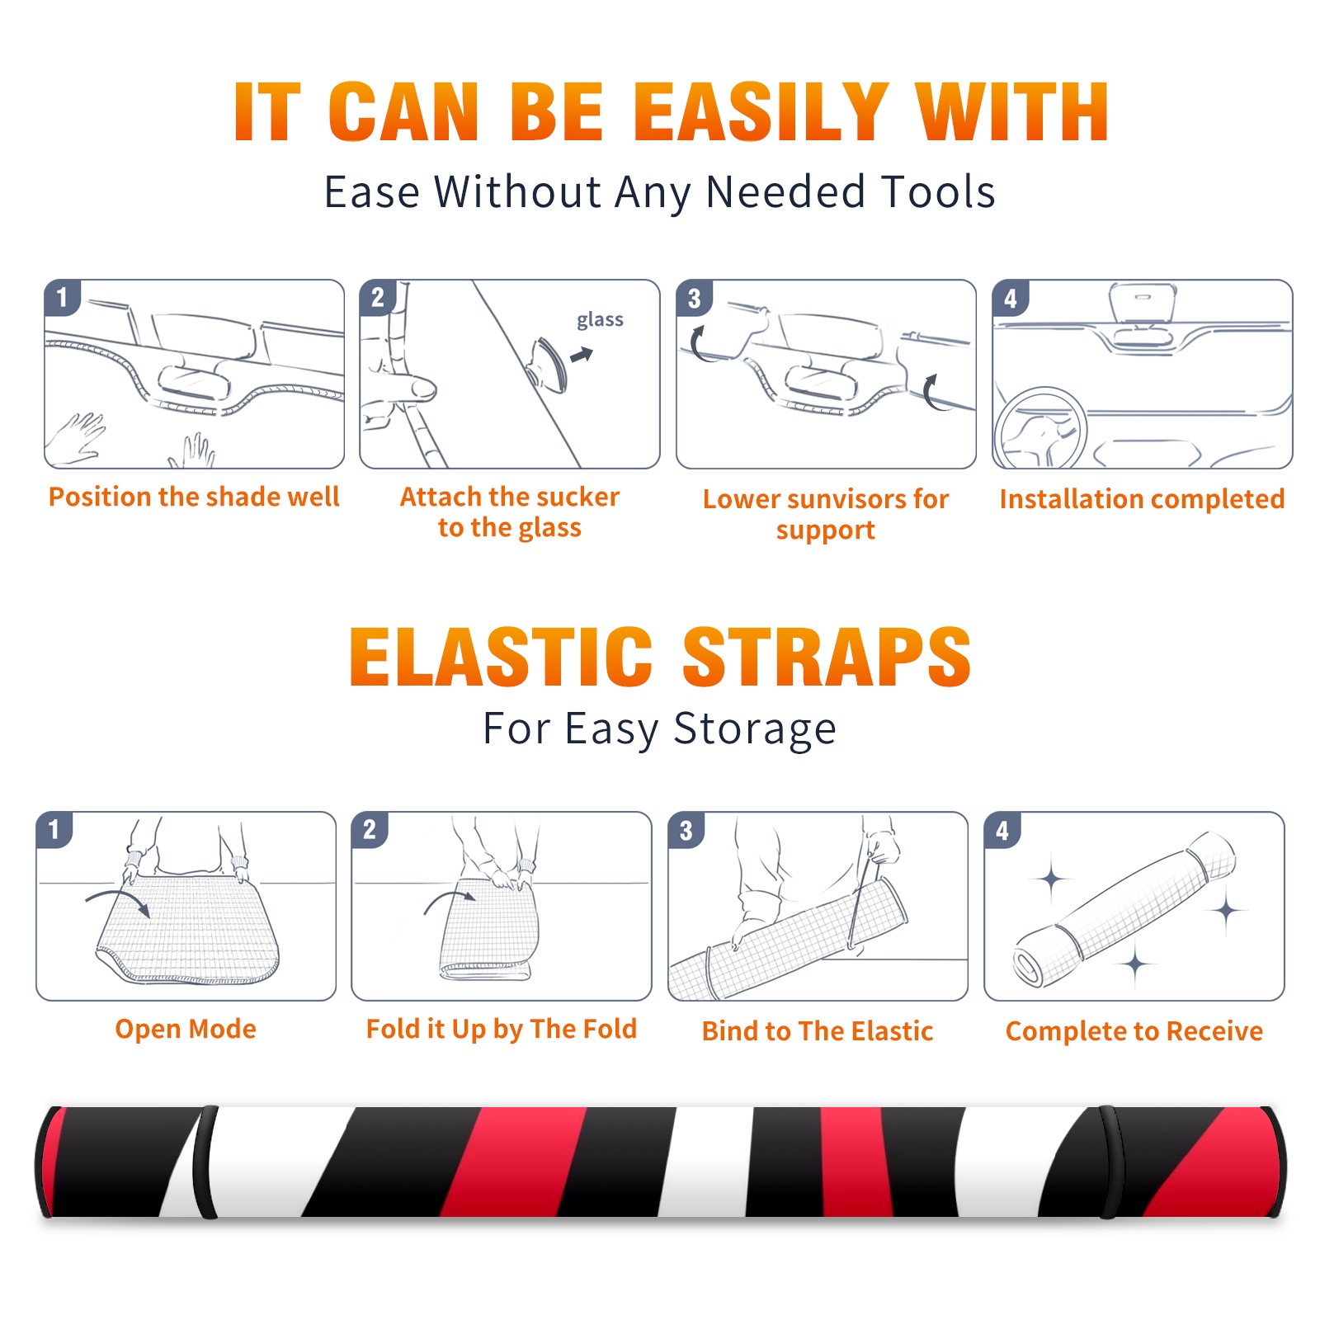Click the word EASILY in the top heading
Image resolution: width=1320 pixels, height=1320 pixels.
[x=761, y=112]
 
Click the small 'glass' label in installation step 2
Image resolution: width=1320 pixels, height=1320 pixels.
[x=600, y=320]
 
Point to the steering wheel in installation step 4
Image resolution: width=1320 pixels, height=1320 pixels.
[x=1040, y=429]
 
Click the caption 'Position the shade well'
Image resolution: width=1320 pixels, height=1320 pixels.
[x=194, y=497]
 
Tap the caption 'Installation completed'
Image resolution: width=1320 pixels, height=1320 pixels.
[x=1142, y=498]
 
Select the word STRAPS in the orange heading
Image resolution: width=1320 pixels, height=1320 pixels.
[x=827, y=657]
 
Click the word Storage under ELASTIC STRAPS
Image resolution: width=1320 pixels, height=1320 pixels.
[x=755, y=729]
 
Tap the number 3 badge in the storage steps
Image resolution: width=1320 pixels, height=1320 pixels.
[x=686, y=830]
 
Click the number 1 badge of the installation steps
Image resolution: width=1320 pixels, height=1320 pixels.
[x=63, y=297]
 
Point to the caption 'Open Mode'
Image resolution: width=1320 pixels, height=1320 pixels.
[x=186, y=1029]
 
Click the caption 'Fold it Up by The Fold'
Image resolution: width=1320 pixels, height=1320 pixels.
[x=502, y=1029]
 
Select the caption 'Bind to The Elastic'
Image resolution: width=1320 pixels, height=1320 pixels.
[x=818, y=1031]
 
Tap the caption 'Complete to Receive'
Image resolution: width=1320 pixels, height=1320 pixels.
[x=1134, y=1031]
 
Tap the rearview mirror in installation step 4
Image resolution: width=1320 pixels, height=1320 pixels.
[x=1142, y=302]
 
